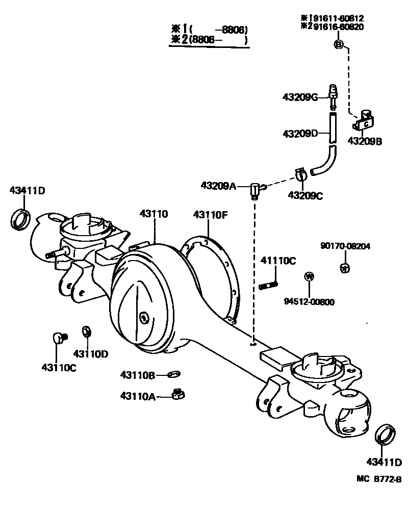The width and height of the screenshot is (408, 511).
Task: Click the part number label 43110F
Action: click(210, 215)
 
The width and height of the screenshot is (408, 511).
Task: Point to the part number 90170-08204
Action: click(345, 246)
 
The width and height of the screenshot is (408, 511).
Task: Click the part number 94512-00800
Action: click(309, 301)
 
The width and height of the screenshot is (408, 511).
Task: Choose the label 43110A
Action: click(138, 396)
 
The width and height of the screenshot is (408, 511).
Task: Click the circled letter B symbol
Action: click(338, 45)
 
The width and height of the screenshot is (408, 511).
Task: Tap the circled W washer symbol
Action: click(309, 277)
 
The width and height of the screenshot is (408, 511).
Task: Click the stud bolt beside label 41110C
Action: click(268, 284)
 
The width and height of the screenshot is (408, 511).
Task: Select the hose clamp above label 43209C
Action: click(300, 174)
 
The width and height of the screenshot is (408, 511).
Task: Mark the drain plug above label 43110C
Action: click(60, 337)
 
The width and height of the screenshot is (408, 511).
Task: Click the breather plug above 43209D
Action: click(333, 95)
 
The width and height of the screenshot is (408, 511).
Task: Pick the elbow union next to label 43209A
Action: click(256, 190)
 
